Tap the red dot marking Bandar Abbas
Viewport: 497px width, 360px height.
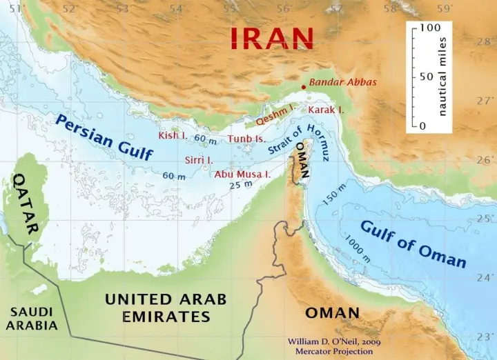(303, 87)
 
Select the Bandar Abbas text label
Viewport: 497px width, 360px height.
(339, 82)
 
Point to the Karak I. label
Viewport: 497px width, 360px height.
(326, 110)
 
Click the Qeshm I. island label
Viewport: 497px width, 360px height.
(275, 114)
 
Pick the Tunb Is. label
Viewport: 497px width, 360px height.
(246, 139)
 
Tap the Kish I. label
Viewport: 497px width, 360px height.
(173, 135)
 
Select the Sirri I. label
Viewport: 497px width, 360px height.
(198, 160)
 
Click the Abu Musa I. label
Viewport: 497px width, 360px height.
(242, 174)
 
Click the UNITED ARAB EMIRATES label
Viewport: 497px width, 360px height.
(166, 308)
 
